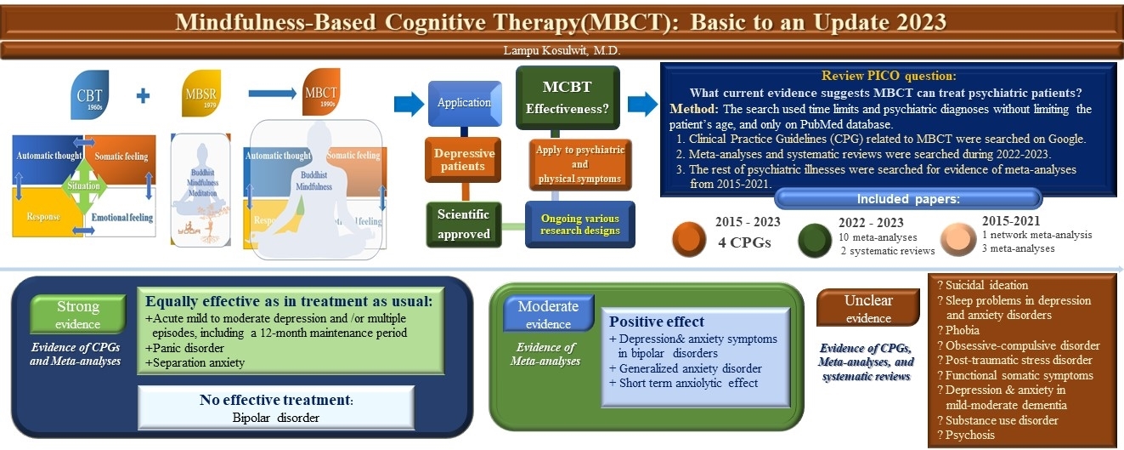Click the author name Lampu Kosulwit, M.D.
coord(562,51)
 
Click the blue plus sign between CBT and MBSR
coord(144,95)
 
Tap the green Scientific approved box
coord(464,224)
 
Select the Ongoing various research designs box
coord(580,224)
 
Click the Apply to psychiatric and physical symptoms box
coord(580,163)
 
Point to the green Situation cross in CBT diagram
coord(83,185)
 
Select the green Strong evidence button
coord(78,314)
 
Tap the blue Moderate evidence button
coord(548,314)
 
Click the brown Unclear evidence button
coord(868,309)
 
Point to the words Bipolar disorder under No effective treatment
coord(275,418)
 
